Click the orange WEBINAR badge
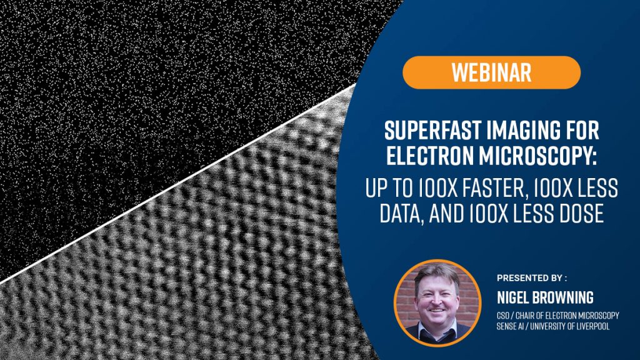pyautogui.click(x=491, y=72)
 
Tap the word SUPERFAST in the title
pyautogui.click(x=427, y=131)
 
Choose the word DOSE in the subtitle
pyautogui.click(x=582, y=213)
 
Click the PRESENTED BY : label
pyautogui.click(x=532, y=278)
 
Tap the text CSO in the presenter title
pyautogui.click(x=502, y=316)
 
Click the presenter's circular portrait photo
pyautogui.click(x=437, y=303)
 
